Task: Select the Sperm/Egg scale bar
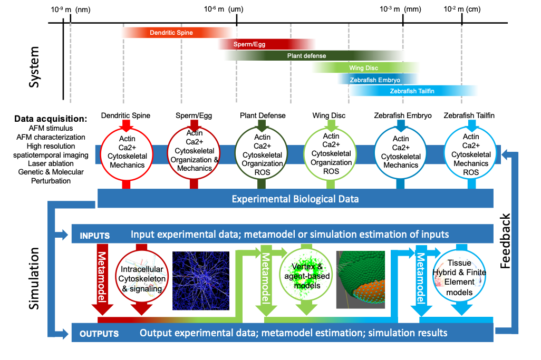tap(266, 44)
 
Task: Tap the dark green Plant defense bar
tap(313, 55)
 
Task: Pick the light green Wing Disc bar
tap(366, 68)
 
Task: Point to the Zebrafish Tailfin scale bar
tap(413, 91)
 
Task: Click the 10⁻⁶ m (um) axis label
tap(224, 9)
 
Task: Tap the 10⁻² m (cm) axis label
tap(462, 9)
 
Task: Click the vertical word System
tap(34, 67)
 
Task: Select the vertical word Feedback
tap(505, 241)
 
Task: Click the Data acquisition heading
tap(51, 119)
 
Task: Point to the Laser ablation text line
tap(51, 163)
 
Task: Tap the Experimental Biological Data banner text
tap(295, 199)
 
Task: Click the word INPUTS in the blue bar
tap(94, 236)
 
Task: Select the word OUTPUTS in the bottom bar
tap(99, 334)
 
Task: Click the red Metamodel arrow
tap(102, 279)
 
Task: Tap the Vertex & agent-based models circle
tap(306, 275)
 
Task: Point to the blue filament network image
tap(201, 281)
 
